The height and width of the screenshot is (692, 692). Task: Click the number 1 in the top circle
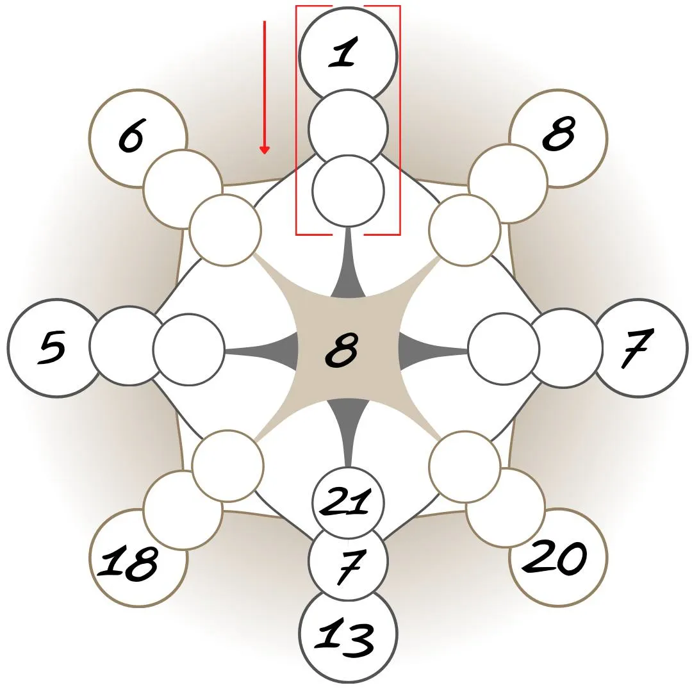343,53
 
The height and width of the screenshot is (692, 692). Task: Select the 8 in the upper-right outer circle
558,133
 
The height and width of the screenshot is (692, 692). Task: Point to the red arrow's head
264,151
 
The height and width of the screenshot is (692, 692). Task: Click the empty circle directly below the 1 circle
348,128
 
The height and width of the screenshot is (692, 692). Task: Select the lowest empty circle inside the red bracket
348,191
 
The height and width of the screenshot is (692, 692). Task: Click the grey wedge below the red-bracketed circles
349,272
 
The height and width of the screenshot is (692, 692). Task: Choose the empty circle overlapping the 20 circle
505,507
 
